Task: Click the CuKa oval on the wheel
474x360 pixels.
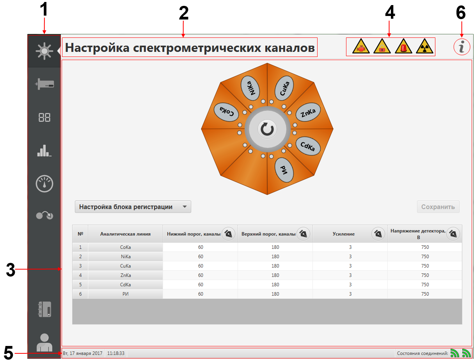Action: tap(284, 88)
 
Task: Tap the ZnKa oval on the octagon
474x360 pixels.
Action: tap(308, 112)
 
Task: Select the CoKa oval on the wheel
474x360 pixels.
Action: tap(226, 112)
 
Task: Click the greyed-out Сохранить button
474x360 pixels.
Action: tap(438, 207)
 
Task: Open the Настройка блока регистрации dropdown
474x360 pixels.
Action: tap(133, 207)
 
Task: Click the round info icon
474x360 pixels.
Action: tap(462, 47)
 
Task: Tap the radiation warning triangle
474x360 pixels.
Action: tap(424, 46)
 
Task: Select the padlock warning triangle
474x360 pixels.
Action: tap(382, 46)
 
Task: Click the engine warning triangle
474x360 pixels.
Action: tap(360, 46)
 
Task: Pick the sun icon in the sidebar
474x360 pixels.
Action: tap(44, 51)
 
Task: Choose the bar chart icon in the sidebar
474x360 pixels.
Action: tap(44, 150)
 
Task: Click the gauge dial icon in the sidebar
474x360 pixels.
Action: tap(44, 183)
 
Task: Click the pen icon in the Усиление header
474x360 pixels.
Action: tap(378, 234)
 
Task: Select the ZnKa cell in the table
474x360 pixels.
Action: tap(125, 275)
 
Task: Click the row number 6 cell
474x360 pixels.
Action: tap(80, 294)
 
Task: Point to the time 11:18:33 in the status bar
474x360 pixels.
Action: tap(115, 353)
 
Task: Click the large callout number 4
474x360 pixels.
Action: tap(390, 12)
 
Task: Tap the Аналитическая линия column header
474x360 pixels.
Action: tap(125, 234)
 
